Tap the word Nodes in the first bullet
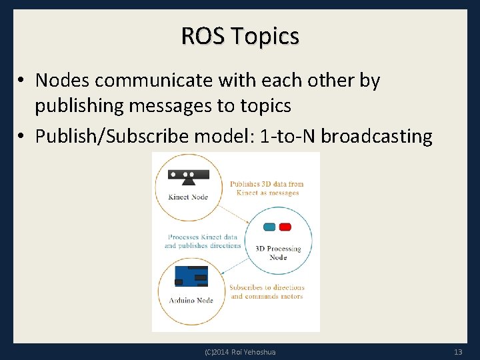[64, 81]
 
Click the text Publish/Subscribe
[111, 137]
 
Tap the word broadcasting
[377, 137]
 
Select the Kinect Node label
[189, 197]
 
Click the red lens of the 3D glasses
[285, 227]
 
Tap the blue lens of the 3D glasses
[269, 227]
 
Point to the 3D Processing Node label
[278, 253]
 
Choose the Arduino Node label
[191, 301]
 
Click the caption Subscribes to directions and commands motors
[266, 292]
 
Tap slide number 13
[457, 351]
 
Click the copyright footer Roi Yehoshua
[240, 351]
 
